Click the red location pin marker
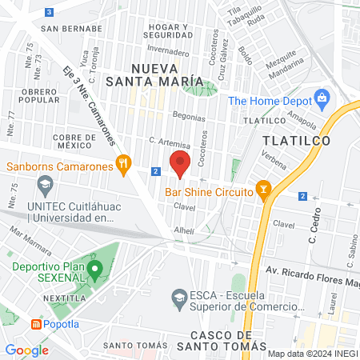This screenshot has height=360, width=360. tap(180, 163)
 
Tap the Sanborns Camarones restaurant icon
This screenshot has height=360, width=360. tap(122, 166)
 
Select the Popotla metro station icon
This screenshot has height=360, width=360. tap(36, 324)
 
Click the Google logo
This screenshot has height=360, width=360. tap(26, 350)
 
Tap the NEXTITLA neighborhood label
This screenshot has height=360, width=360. tap(47, 297)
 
